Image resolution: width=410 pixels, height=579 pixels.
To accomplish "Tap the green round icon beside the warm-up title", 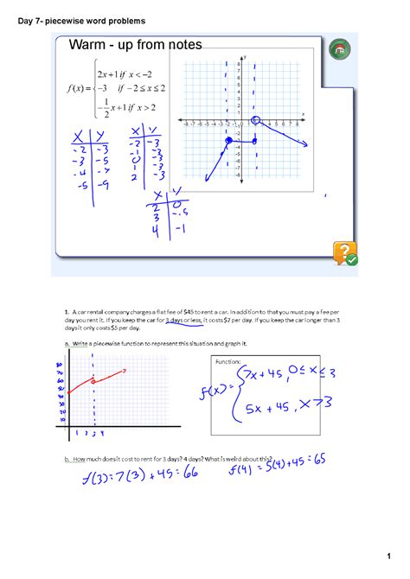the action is [x=340, y=50].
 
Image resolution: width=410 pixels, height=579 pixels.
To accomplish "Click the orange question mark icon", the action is [x=345, y=253].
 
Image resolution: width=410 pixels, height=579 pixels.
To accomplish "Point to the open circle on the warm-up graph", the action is [x=256, y=121].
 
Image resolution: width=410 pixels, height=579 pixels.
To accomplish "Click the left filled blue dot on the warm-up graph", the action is [x=228, y=140].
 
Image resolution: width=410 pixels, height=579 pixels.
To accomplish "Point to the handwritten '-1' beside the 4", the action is [x=180, y=230].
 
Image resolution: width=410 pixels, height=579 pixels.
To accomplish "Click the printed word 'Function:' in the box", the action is [x=229, y=361].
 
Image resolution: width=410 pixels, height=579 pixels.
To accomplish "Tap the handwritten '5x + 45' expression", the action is [x=272, y=409].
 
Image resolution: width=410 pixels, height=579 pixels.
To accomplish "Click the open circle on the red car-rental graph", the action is [x=94, y=381].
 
